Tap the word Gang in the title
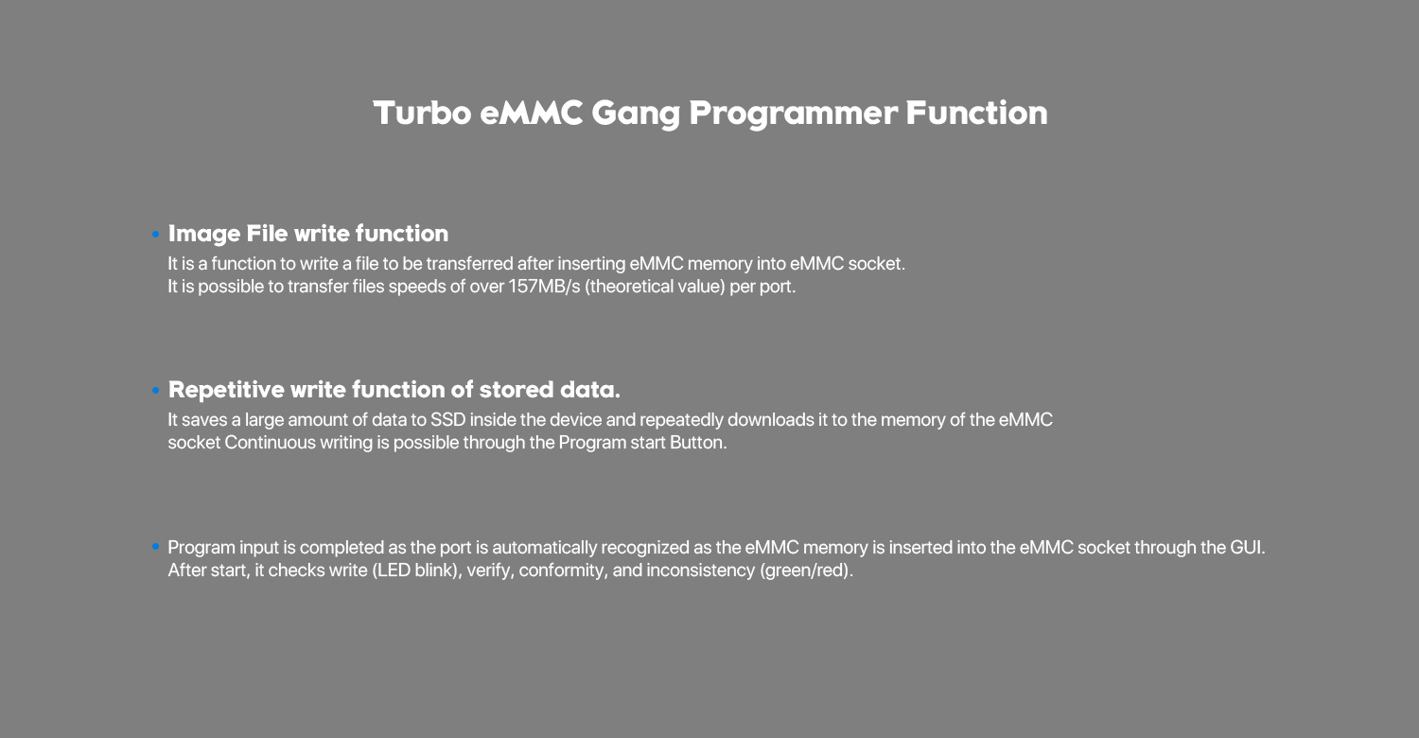tap(636, 114)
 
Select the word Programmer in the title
tap(793, 114)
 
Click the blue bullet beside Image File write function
tap(156, 235)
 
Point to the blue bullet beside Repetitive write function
tap(156, 390)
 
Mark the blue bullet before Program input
tap(156, 547)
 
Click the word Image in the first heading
tap(204, 235)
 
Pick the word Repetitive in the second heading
tap(226, 390)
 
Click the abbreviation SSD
tap(447, 420)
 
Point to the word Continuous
tap(270, 442)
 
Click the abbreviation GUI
tap(1247, 547)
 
